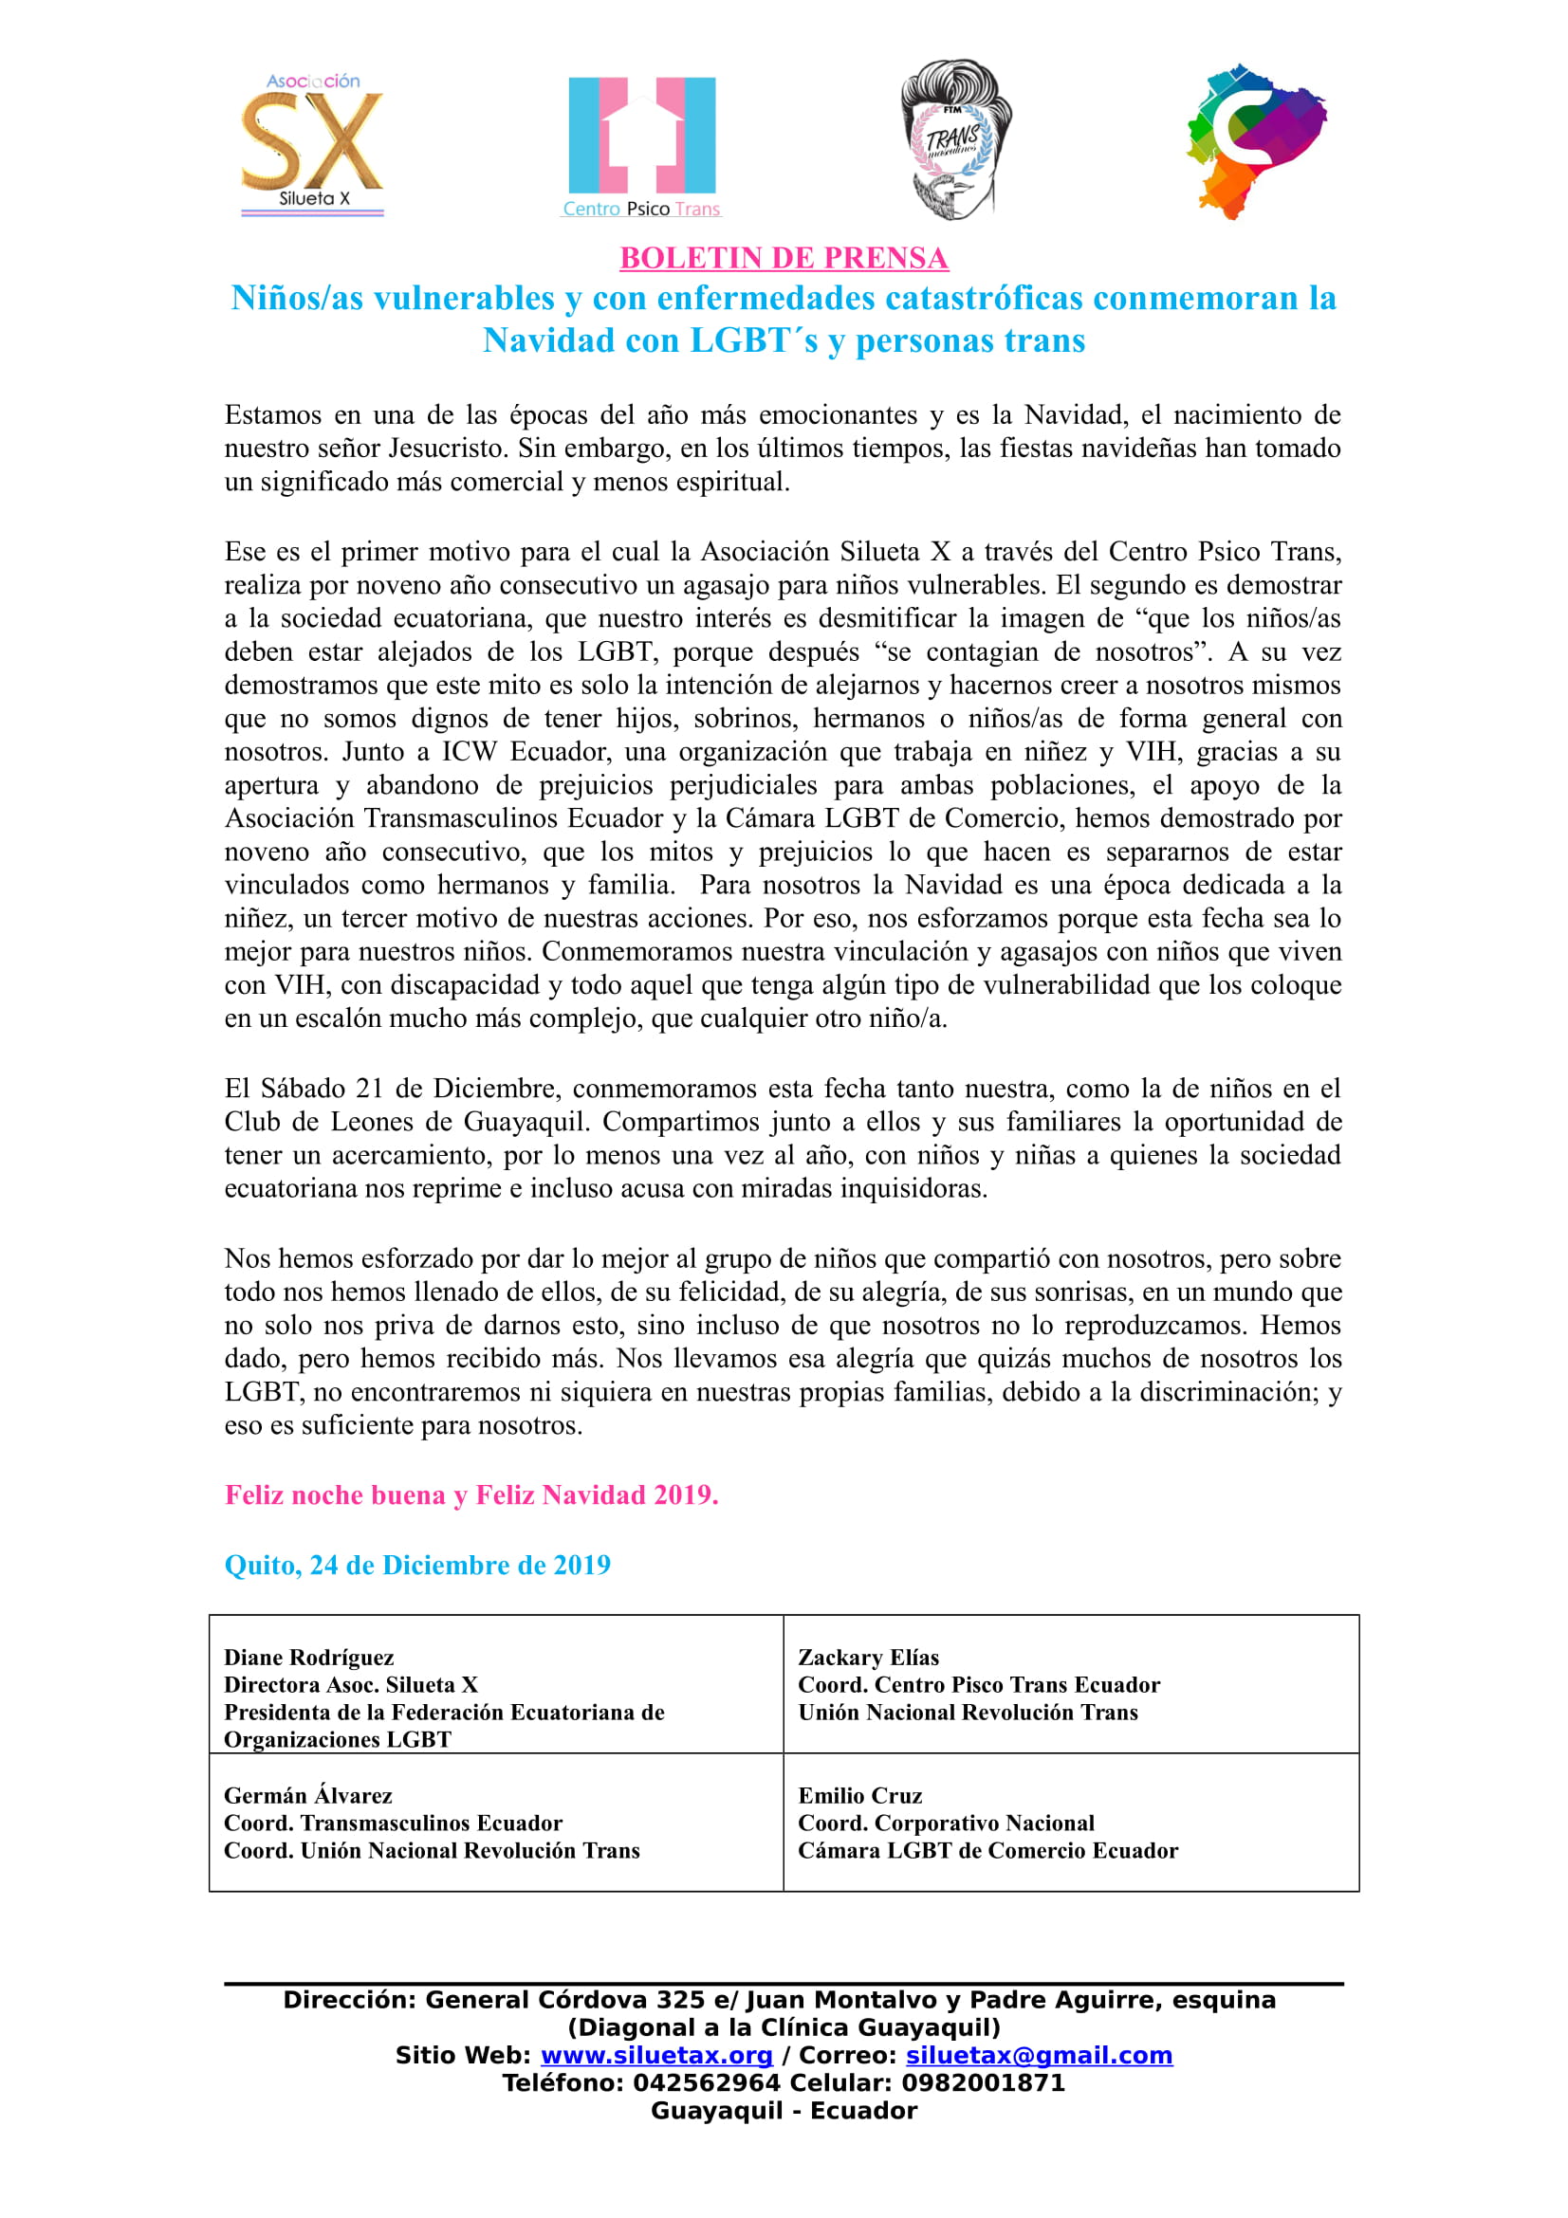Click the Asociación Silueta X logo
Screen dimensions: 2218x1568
click(311, 145)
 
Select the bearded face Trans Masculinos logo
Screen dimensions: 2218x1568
click(954, 140)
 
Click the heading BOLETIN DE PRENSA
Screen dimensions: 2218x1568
click(784, 258)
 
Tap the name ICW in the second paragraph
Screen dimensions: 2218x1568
click(469, 751)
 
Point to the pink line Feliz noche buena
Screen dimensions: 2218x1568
click(471, 1494)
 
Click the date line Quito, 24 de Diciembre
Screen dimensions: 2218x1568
click(417, 1564)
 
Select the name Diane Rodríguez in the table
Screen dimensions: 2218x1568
click(309, 1658)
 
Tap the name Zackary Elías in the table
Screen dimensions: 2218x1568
click(869, 1658)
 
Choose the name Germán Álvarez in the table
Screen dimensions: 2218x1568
click(308, 1796)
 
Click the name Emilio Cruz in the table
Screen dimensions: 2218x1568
click(859, 1796)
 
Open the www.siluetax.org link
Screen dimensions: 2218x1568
click(656, 2056)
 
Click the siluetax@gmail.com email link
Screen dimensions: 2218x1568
click(1039, 2056)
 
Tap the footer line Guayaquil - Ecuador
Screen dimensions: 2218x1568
click(784, 2111)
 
